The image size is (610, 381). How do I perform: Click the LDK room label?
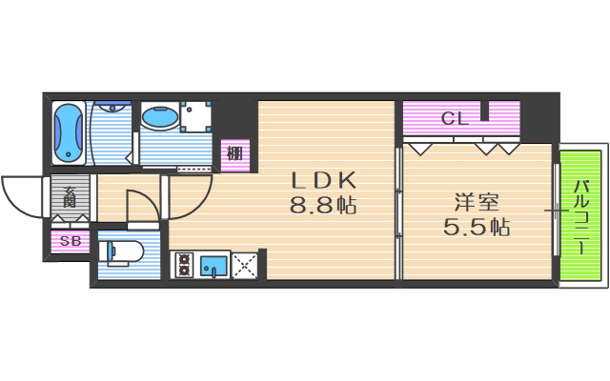point(323,180)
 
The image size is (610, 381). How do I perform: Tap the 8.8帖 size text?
point(323,205)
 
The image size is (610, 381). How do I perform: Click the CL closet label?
point(454,119)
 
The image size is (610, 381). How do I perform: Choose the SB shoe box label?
point(71,242)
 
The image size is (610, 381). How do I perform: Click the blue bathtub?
point(67,132)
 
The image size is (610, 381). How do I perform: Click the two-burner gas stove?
point(183,265)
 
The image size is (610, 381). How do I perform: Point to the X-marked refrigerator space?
point(244,265)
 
